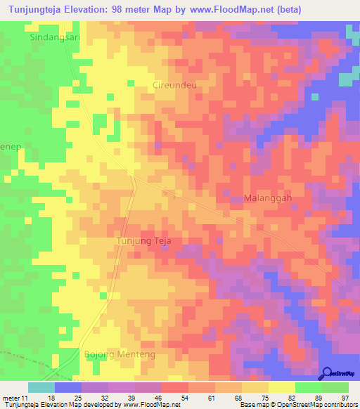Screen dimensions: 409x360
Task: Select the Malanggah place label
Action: [x=267, y=198]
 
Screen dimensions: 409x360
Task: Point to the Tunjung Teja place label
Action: [x=143, y=241]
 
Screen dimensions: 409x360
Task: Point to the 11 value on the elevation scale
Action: [x=25, y=398]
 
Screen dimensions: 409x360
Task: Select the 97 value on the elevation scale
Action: [x=344, y=398]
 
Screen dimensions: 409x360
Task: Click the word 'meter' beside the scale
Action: [x=11, y=398]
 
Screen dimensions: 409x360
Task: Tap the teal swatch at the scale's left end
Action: [x=41, y=387]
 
